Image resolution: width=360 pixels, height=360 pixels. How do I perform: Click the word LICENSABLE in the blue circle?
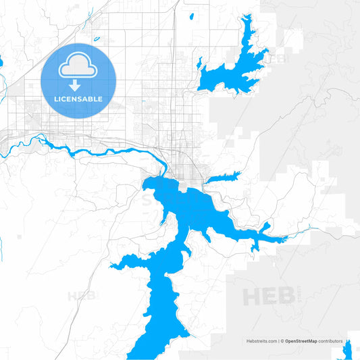point(78,99)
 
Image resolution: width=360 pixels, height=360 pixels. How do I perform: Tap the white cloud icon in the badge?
point(78,68)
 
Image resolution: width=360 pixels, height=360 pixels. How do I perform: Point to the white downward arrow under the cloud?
point(78,84)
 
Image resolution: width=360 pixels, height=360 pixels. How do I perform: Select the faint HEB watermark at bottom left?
point(80,295)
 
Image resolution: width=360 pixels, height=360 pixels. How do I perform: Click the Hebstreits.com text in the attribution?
point(261,341)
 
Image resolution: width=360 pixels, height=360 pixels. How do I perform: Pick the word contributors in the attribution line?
point(331,341)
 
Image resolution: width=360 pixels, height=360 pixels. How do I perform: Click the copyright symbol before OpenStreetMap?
point(282,341)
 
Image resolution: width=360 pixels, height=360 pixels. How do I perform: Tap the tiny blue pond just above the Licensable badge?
point(96,38)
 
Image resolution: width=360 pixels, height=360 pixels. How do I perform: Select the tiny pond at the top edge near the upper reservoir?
point(192,16)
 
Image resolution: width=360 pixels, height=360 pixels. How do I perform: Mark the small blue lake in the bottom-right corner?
point(349,351)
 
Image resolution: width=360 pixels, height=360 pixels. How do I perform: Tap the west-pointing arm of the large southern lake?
point(125,263)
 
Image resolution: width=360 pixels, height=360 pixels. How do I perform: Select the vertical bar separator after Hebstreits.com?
point(278,341)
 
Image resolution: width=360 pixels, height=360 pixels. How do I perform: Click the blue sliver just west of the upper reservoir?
point(200,64)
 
